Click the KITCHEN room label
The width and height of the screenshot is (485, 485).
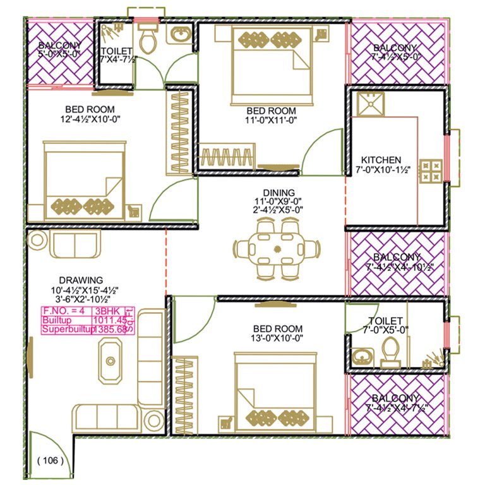380,160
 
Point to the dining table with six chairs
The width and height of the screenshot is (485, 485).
275,248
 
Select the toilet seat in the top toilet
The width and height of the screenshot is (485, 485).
150,39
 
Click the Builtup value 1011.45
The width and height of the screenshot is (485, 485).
109,320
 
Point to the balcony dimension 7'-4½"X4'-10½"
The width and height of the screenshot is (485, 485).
396,267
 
